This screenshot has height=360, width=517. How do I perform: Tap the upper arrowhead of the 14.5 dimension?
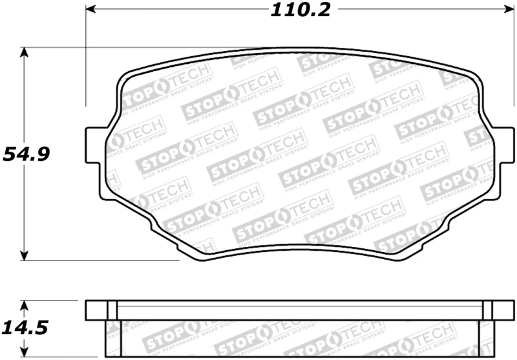pyautogui.click(x=25, y=304)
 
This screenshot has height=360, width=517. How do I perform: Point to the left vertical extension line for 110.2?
pyautogui.click(x=86, y=65)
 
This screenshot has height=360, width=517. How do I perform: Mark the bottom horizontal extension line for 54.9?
pyautogui.click(x=97, y=260)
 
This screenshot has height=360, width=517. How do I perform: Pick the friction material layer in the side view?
pyautogui.click(x=291, y=339)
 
